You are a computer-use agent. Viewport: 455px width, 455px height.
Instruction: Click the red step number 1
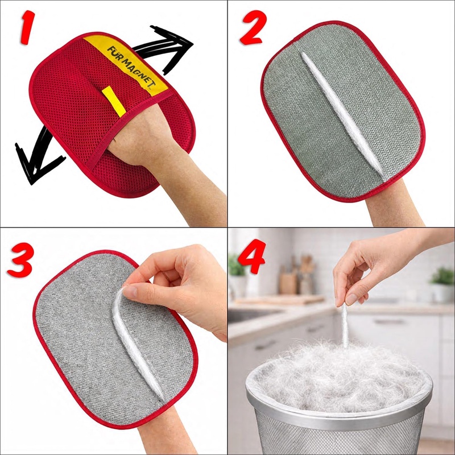click(28, 27)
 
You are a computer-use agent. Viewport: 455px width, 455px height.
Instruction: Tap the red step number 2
click(253, 27)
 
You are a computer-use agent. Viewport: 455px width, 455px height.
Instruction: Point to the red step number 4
click(251, 257)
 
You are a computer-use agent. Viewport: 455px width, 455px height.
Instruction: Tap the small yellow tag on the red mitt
click(113, 101)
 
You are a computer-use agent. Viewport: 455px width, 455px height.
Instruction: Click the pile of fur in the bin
click(340, 377)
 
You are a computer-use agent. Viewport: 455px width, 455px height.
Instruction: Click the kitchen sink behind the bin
click(255, 315)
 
